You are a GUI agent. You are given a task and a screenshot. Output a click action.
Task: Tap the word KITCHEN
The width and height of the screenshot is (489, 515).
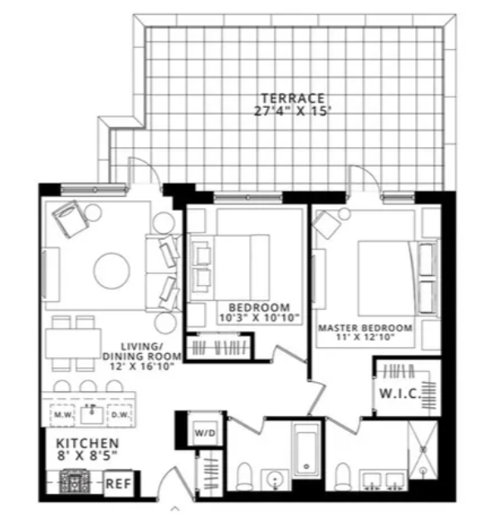coord(87,444)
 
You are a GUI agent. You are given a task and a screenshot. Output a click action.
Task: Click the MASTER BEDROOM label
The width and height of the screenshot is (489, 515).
coord(365,327)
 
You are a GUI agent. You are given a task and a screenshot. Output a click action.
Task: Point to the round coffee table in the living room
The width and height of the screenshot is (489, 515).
coord(111,268)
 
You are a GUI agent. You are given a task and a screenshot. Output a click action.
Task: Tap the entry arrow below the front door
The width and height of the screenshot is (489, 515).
coord(175,506)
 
